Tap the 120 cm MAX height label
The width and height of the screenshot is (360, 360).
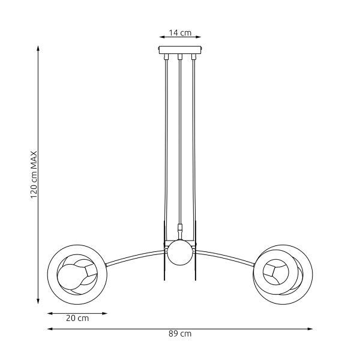(x=34, y=175)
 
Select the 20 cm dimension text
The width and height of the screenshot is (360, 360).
(x=77, y=319)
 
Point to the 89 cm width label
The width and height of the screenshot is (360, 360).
(x=180, y=334)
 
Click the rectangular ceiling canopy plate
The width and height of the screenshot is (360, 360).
(x=180, y=51)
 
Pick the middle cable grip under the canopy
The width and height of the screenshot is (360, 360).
(x=180, y=58)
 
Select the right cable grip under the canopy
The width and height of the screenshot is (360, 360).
(x=193, y=58)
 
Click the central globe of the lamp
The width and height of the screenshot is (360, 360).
(x=179, y=253)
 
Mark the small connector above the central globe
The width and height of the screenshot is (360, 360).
(x=179, y=229)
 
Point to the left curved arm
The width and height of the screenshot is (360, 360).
(x=135, y=257)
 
